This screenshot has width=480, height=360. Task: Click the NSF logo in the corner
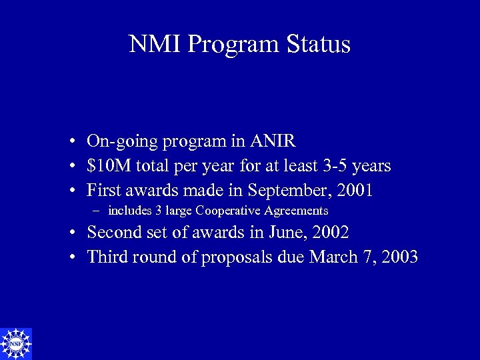[16, 343]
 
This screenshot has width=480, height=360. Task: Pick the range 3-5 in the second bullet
[335, 165]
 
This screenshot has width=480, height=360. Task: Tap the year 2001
[355, 190]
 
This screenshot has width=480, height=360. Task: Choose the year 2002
[331, 233]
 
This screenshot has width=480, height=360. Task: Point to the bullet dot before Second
[70, 233]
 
